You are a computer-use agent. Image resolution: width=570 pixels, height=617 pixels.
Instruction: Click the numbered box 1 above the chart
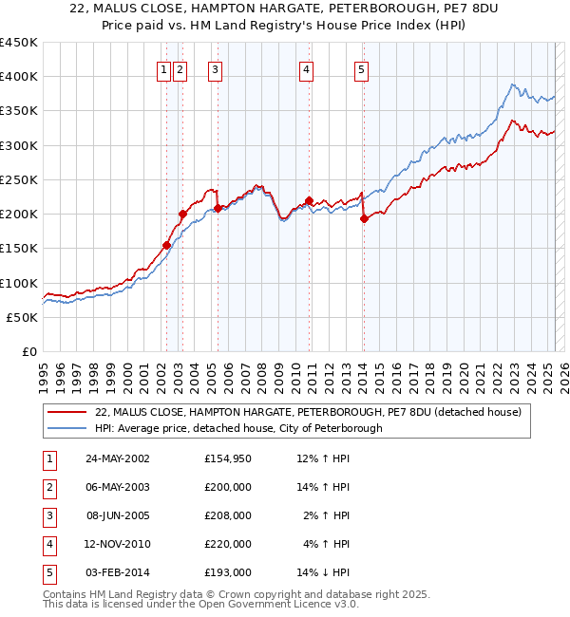[x=164, y=68]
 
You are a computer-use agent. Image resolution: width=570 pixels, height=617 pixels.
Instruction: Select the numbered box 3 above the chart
[x=216, y=68]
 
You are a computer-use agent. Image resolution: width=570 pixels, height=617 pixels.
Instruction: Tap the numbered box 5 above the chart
[x=362, y=68]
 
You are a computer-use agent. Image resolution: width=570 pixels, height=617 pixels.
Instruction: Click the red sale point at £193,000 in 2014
[x=364, y=218]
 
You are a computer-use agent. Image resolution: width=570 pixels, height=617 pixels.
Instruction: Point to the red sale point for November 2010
[x=309, y=200]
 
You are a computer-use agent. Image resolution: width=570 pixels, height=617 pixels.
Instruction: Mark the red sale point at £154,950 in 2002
[x=166, y=245]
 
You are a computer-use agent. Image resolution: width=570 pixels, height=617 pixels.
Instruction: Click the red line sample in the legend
[x=67, y=413]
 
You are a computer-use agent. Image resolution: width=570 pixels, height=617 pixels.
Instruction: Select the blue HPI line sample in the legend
[x=67, y=428]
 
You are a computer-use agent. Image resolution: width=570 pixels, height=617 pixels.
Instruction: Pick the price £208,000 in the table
[x=228, y=515]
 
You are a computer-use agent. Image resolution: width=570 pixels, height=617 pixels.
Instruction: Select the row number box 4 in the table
[x=48, y=544]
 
